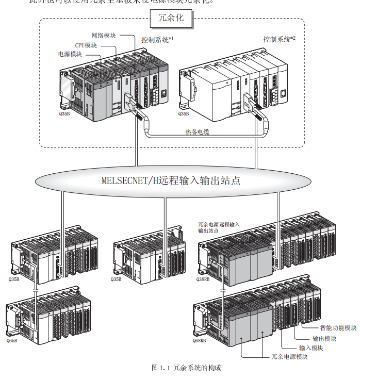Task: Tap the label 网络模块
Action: pyautogui.click(x=103, y=36)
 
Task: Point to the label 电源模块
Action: pyautogui.click(x=70, y=54)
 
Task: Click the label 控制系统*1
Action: pyautogui.click(x=157, y=39)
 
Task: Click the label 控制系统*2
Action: pyautogui.click(x=279, y=39)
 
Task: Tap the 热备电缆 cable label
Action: pyautogui.click(x=198, y=132)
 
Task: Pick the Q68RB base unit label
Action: pyautogui.click(x=200, y=341)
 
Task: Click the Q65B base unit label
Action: pyautogui.click(x=12, y=341)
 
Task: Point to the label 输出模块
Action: pyautogui.click(x=324, y=338)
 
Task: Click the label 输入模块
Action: pyautogui.click(x=311, y=348)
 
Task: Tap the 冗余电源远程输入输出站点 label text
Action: pyautogui.click(x=219, y=227)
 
